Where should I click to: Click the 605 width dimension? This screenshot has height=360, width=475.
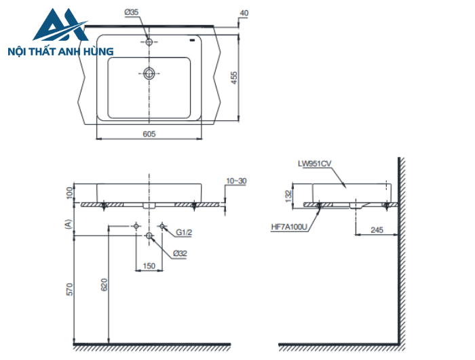click(150, 134)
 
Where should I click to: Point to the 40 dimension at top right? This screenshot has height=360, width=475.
click(244, 13)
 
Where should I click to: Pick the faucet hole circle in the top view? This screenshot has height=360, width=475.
click(149, 42)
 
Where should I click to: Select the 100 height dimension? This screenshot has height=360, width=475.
click(69, 193)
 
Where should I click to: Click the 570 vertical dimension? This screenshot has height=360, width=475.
click(69, 289)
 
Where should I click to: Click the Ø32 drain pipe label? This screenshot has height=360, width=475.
click(180, 253)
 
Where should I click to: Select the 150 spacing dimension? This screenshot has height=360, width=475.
click(149, 266)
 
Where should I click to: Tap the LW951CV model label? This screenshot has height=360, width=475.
click(313, 164)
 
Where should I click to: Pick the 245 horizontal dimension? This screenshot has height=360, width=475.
click(377, 230)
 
